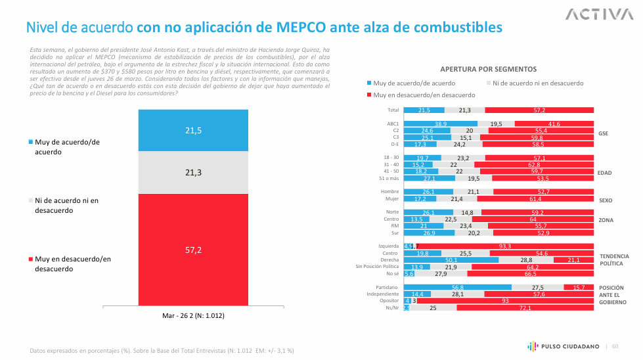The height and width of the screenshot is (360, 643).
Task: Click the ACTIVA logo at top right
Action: pos(596,14)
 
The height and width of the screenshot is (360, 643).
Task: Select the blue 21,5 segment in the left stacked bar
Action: pos(193,131)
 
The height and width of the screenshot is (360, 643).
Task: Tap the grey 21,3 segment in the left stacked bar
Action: pos(193,172)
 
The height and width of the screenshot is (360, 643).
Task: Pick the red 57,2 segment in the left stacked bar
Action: pos(193,249)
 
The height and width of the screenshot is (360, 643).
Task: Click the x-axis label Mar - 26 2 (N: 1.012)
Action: pos(193,316)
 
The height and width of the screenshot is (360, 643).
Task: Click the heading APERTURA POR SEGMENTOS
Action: pos(488,69)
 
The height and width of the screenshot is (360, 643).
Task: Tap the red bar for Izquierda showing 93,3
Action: pos(506,246)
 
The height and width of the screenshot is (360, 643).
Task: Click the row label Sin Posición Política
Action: pos(377,267)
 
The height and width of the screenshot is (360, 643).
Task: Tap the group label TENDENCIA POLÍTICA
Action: pos(614,259)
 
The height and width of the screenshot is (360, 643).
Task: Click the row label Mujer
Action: pos(393,198)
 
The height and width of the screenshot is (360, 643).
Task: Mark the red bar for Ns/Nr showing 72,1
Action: pos(525,307)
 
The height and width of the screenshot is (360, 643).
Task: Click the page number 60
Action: pos(615,346)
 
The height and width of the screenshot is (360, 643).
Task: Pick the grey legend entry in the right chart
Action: pos(533,83)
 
